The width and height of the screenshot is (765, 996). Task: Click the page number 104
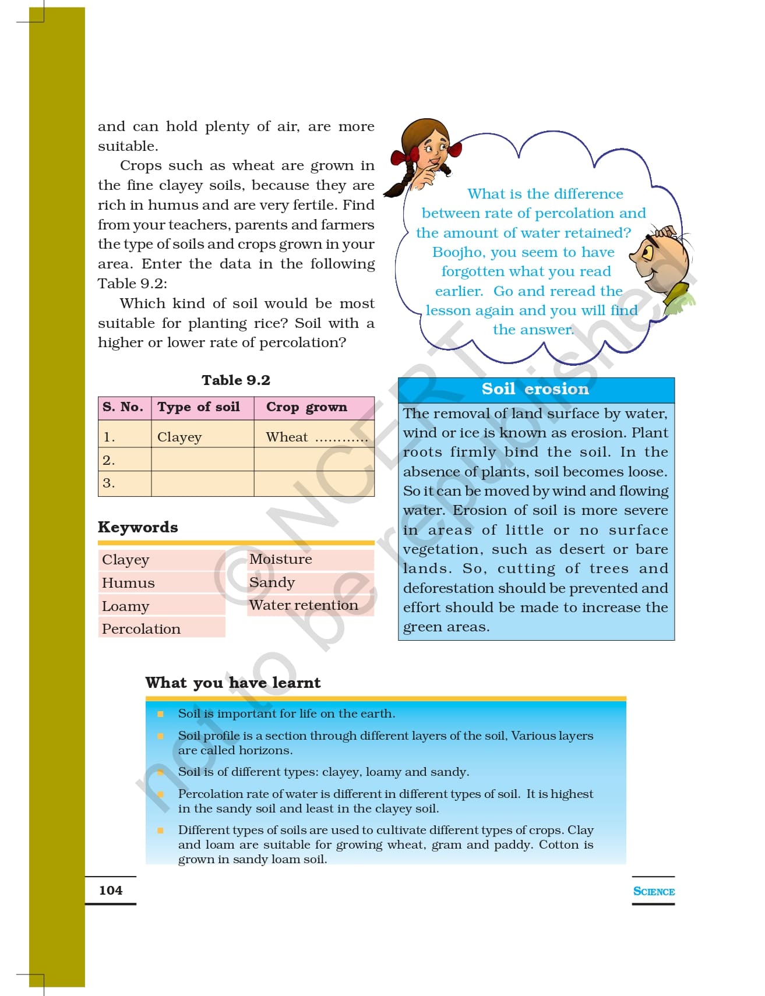111,890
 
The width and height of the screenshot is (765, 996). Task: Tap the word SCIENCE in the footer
654,891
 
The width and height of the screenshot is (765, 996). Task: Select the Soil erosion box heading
535,389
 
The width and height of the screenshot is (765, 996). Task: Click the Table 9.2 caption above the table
236,380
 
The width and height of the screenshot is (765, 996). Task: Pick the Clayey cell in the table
179,437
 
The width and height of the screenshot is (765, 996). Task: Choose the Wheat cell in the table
287,437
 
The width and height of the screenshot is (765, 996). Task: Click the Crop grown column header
306,407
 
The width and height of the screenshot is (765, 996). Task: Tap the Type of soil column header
199,407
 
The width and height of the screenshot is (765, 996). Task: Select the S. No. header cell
123,407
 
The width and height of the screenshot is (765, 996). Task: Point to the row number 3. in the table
109,483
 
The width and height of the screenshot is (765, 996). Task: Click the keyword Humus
128,583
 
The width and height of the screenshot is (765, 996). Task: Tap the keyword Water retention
304,605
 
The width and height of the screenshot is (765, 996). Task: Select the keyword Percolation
141,629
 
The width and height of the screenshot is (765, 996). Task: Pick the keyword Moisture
280,559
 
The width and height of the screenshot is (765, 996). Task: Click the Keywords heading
138,527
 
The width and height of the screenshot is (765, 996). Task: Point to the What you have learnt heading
233,683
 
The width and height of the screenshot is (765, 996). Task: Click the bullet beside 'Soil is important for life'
160,714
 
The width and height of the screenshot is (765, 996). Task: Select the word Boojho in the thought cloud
457,252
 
